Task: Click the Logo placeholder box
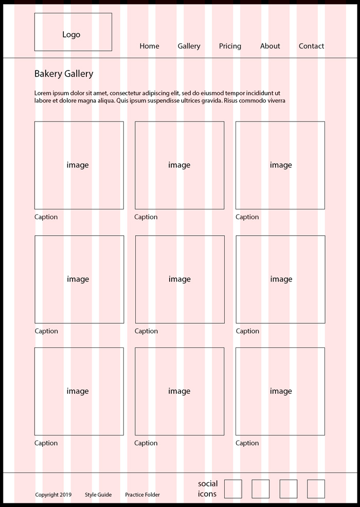pyautogui.click(x=73, y=32)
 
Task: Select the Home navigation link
pyautogui.click(x=149, y=46)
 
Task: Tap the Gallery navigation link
pyautogui.click(x=189, y=46)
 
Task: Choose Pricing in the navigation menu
pyautogui.click(x=230, y=46)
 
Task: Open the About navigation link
pyautogui.click(x=270, y=46)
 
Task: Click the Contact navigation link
pyautogui.click(x=311, y=46)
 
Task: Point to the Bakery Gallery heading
pyautogui.click(x=64, y=74)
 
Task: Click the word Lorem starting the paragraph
pyautogui.click(x=43, y=93)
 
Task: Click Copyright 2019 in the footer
pyautogui.click(x=53, y=495)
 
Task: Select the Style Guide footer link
pyautogui.click(x=98, y=495)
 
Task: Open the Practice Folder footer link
pyautogui.click(x=142, y=495)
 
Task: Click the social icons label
pyautogui.click(x=208, y=489)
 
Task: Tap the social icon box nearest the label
pyautogui.click(x=233, y=489)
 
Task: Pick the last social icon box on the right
pyautogui.click(x=316, y=489)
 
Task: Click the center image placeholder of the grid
pyautogui.click(x=179, y=279)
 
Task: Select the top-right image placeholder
pyautogui.click(x=280, y=165)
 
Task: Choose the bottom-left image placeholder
pyautogui.click(x=79, y=391)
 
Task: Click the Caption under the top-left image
pyautogui.click(x=46, y=217)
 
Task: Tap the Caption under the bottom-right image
pyautogui.click(x=247, y=443)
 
